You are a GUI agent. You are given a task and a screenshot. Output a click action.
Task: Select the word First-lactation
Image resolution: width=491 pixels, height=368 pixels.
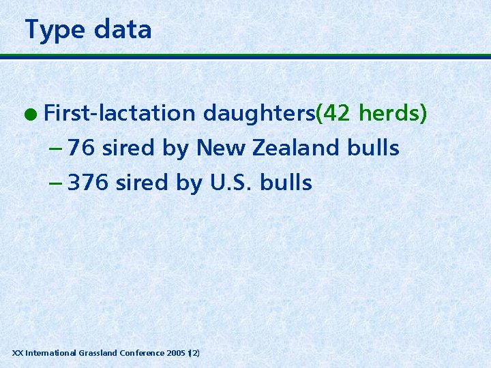pos(119,113)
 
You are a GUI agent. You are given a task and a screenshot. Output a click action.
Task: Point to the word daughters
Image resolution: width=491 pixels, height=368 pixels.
pos(259,113)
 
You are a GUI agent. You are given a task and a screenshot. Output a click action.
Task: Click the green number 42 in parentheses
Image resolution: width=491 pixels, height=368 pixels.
pos(336,113)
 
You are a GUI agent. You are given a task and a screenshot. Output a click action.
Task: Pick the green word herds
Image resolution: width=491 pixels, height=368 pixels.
pos(390,113)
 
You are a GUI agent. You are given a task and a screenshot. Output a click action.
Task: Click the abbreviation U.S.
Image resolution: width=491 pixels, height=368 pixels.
pos(229,183)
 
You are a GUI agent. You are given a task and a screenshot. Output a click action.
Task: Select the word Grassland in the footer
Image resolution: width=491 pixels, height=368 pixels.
pos(98,353)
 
